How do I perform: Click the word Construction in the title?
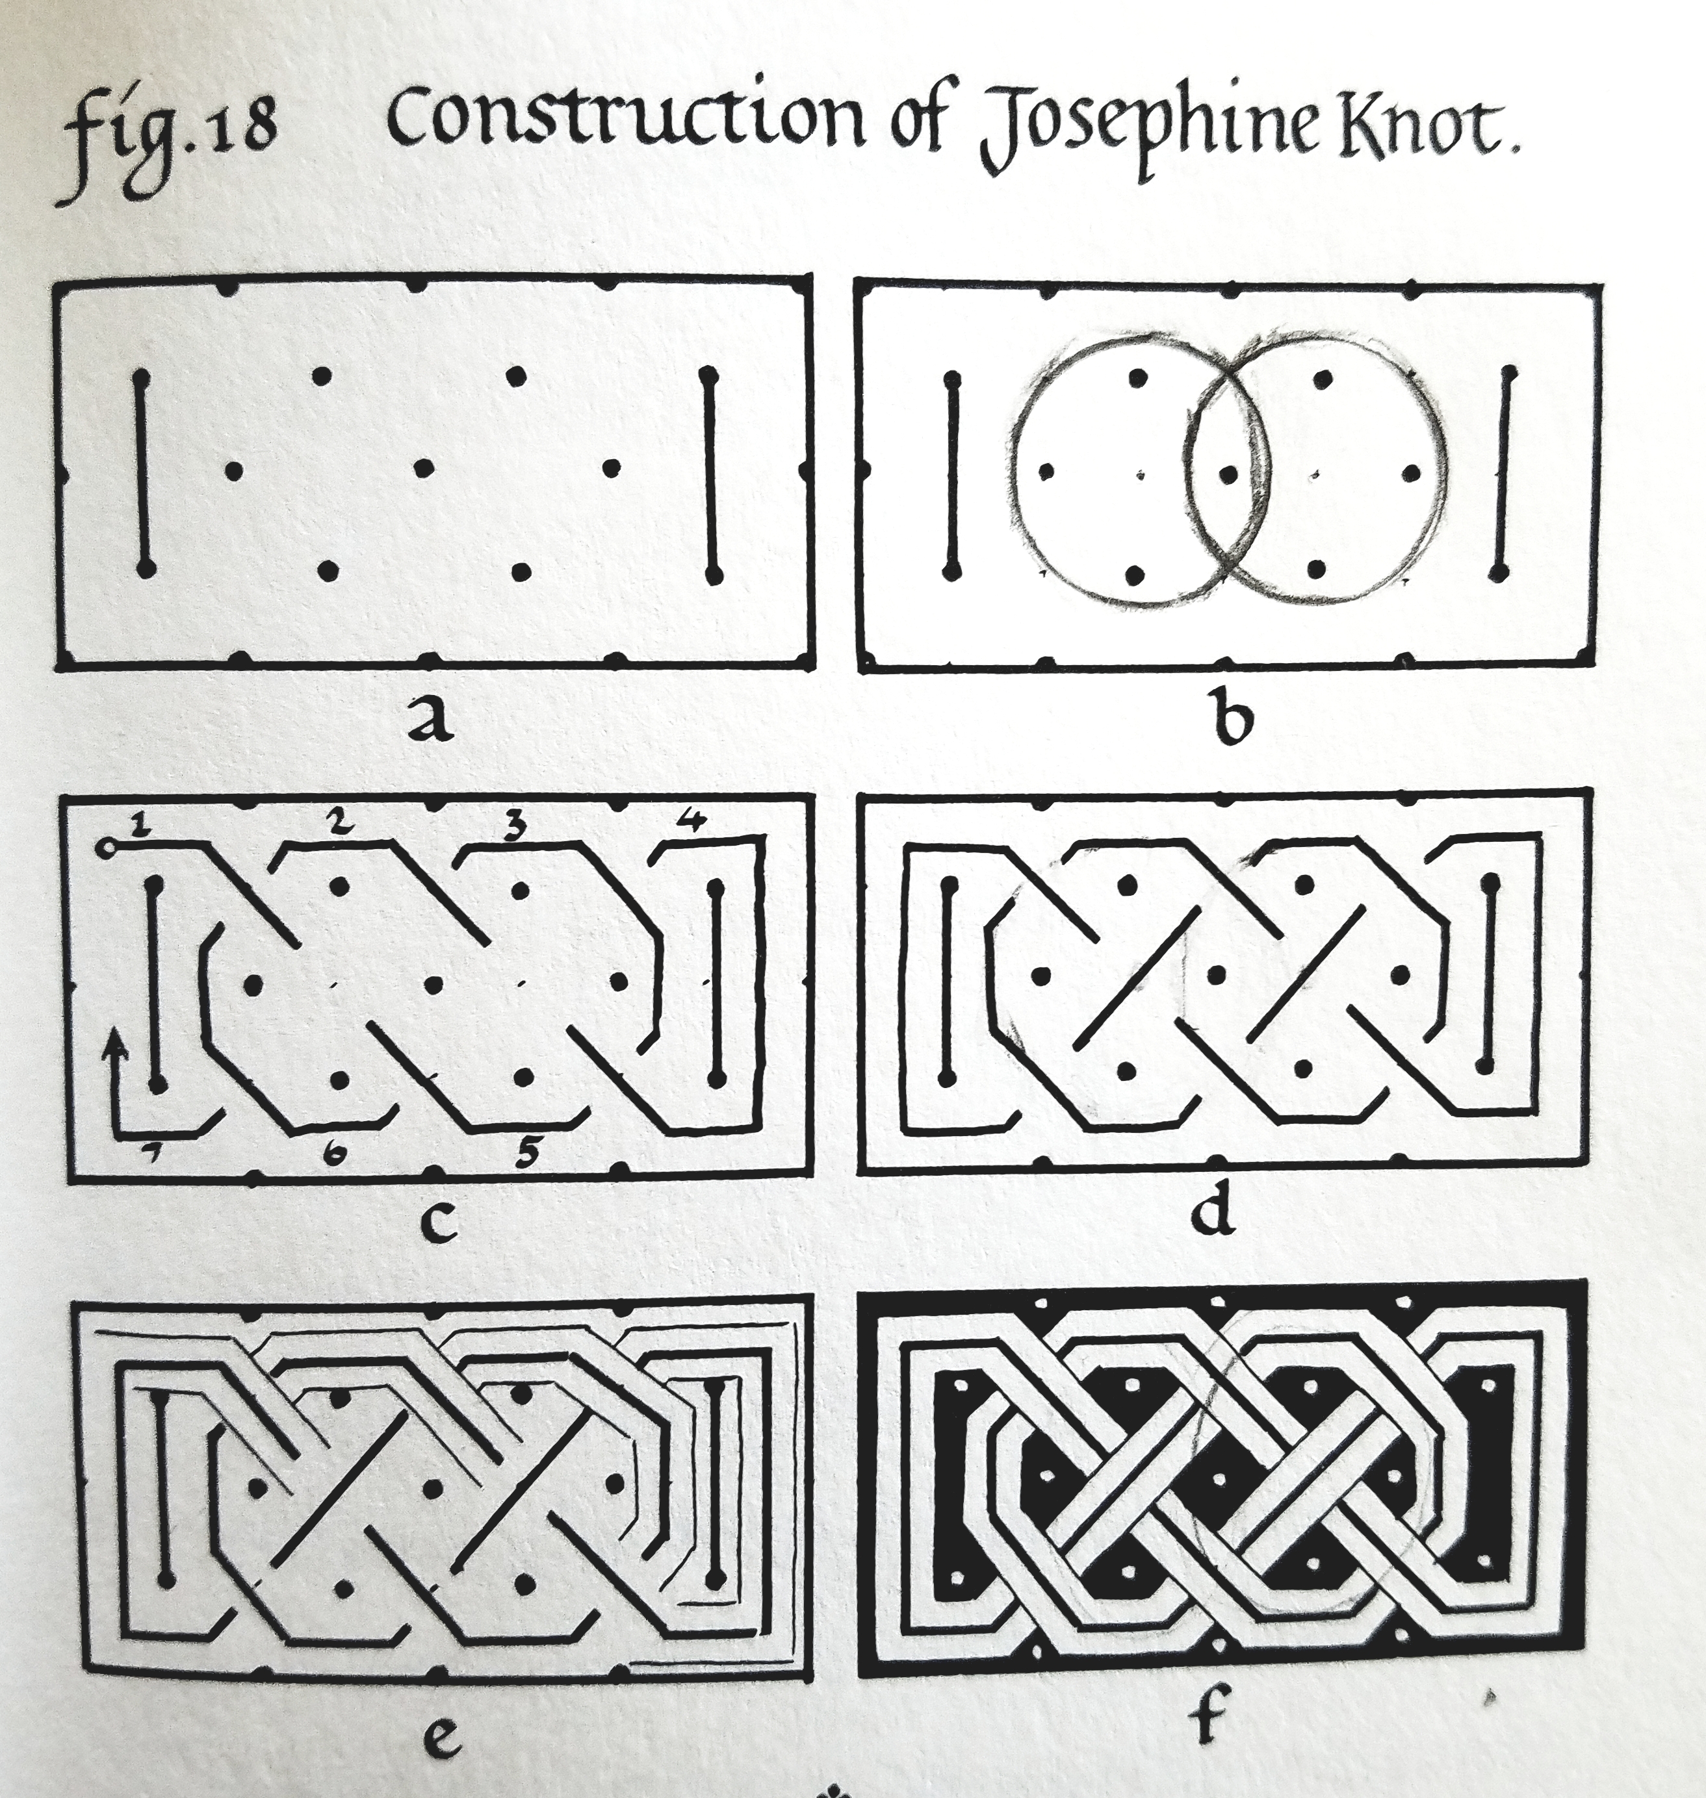(627, 134)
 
